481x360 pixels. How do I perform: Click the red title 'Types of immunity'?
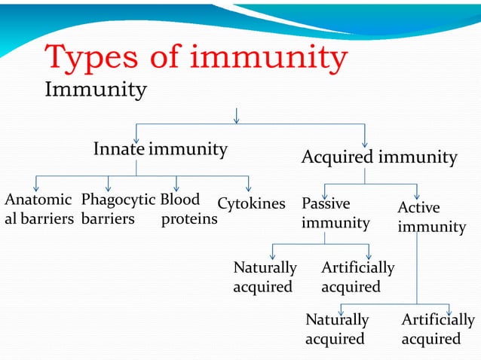(x=196, y=57)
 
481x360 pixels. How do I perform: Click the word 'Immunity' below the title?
(x=96, y=90)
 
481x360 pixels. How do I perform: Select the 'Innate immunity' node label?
(x=160, y=149)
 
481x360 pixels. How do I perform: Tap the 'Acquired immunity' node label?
(x=378, y=157)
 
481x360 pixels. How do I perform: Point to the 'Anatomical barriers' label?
(x=38, y=210)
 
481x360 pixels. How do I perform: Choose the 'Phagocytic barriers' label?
(x=118, y=210)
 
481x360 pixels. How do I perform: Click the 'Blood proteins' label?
(x=188, y=210)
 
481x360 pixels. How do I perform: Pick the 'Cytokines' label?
(x=251, y=203)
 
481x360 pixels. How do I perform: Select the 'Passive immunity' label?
(x=335, y=213)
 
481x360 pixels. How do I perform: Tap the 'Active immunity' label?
(x=431, y=217)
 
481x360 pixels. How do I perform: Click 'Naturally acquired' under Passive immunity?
(x=265, y=277)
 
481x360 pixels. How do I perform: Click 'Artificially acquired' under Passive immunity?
(x=357, y=277)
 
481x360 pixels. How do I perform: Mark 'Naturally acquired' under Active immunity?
(x=337, y=329)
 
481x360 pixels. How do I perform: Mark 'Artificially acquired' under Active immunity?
(x=438, y=329)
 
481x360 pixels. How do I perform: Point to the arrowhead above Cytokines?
(x=248, y=188)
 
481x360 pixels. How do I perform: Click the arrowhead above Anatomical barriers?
(x=36, y=188)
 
